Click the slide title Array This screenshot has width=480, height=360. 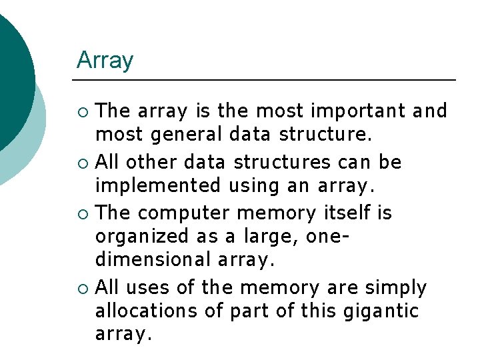click(x=105, y=61)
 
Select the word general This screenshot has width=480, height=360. click(x=188, y=135)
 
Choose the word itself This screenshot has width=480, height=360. click(x=344, y=213)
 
